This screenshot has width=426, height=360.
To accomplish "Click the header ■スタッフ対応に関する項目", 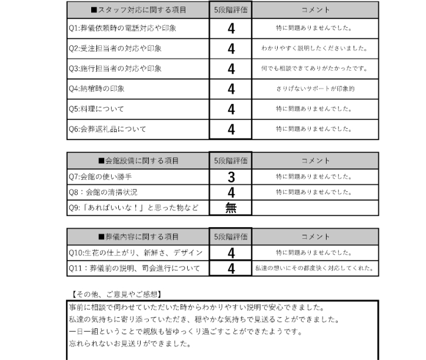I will pos(138,10).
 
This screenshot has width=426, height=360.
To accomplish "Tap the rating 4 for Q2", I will pos(231,48).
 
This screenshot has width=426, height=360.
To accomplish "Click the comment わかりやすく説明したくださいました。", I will pos(315,48).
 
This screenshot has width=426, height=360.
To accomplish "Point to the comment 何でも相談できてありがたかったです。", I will pos(315,69).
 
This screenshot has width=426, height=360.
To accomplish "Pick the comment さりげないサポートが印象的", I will pos(315,89).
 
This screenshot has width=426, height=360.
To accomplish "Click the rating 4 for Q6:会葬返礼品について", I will pos(231,129).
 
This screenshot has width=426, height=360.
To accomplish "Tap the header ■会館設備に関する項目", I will pos(138,161).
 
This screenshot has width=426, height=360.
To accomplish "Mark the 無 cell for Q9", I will pos(231,208).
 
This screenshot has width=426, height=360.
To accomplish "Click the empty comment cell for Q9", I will pos(315,208).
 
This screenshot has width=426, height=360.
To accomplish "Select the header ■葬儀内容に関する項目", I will pos(138,237).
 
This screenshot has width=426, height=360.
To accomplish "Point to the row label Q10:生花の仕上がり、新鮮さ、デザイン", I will pos(135,253).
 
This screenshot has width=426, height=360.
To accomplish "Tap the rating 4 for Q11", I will pos(231,269).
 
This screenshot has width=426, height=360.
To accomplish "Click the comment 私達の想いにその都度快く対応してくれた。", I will pos(315,269).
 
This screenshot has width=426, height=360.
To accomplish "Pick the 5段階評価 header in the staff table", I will pos(231,10).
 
